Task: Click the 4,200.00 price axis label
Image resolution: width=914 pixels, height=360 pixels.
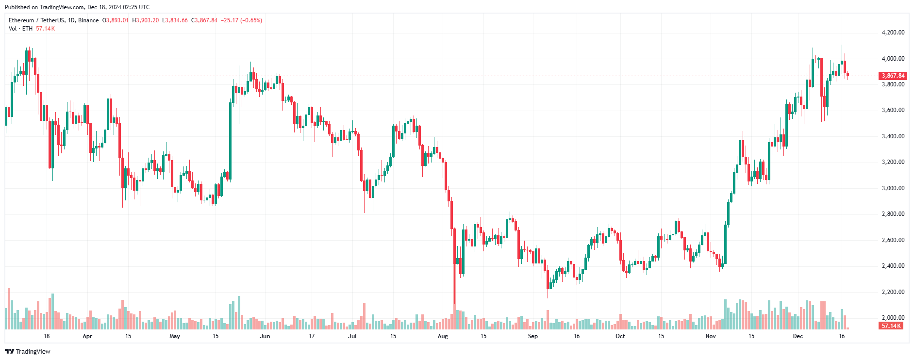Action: tap(893, 33)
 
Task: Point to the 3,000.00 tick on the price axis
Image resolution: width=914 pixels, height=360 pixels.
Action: tap(893, 188)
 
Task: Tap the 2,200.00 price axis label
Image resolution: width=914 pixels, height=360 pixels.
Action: tap(893, 292)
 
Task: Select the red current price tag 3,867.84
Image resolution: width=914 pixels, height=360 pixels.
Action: tap(893, 76)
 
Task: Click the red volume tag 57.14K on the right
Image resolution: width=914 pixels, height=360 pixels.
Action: tap(891, 326)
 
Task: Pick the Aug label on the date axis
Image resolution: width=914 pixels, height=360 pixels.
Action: tap(443, 336)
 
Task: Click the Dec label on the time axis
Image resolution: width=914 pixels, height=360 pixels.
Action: tap(798, 336)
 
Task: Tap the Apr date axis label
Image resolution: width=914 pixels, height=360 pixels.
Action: tap(87, 336)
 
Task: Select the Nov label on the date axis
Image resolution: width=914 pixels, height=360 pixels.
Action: tap(711, 336)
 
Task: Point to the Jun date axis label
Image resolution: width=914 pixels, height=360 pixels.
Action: tap(265, 336)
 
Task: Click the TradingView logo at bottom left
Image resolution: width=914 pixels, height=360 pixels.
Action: tap(28, 351)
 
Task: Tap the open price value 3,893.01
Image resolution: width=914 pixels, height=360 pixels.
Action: tap(117, 20)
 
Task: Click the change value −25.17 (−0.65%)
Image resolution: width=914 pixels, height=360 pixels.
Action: tap(241, 20)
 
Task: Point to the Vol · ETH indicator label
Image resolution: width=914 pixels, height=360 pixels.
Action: tap(20, 29)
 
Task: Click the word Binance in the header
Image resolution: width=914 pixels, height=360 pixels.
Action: tap(88, 20)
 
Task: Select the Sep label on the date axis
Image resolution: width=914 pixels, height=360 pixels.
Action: tap(533, 336)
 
